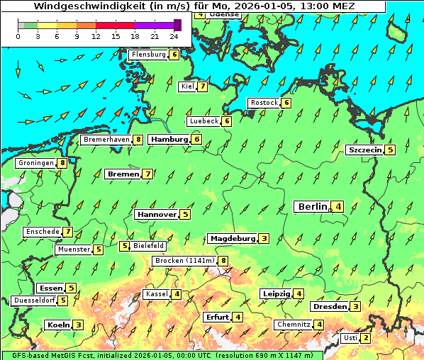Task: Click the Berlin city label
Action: (312, 206)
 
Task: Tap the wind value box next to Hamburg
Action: (197, 140)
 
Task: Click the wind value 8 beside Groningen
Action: (63, 163)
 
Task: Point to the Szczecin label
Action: (364, 150)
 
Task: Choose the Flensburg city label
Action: (148, 54)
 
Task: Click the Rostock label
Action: (264, 103)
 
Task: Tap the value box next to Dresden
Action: (355, 307)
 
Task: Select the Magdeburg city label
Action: (232, 238)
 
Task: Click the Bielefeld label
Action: (149, 246)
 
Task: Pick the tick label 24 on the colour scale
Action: (174, 36)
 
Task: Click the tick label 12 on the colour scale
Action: (96, 36)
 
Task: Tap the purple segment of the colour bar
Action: (155, 25)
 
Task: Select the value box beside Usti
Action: (365, 338)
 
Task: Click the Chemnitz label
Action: (294, 325)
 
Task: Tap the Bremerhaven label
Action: (106, 140)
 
